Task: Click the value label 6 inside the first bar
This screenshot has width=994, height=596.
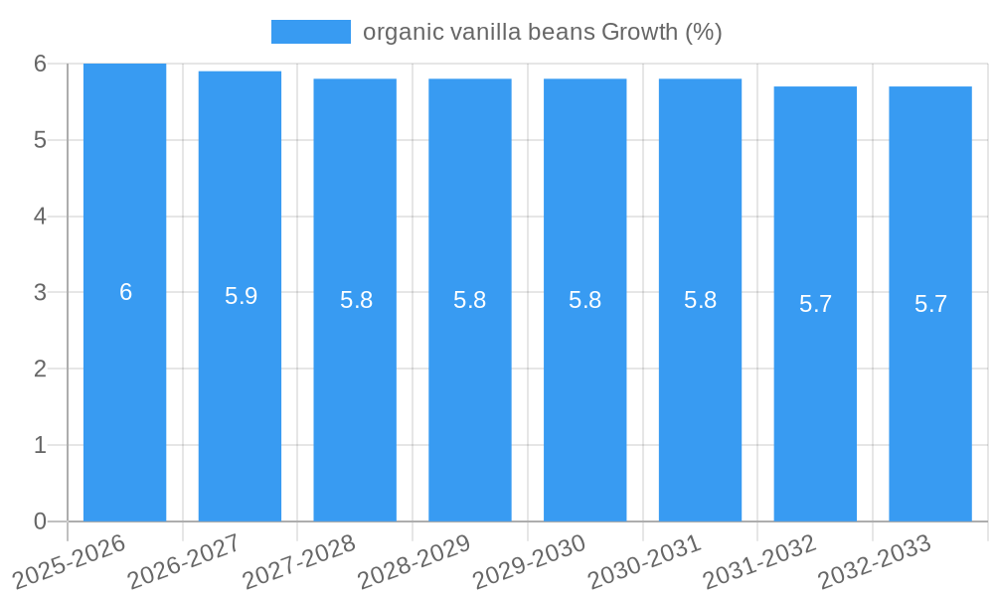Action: pyautogui.click(x=126, y=292)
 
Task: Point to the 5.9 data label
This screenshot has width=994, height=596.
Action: pyautogui.click(x=241, y=296)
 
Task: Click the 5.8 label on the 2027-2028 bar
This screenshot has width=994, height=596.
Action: pyautogui.click(x=356, y=300)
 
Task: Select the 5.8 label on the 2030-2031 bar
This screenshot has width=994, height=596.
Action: pyautogui.click(x=700, y=300)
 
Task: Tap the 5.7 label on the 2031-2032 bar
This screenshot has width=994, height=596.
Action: pyautogui.click(x=815, y=304)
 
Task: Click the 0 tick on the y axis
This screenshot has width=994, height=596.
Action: pyautogui.click(x=40, y=521)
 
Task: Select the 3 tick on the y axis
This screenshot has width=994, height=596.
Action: pyautogui.click(x=40, y=293)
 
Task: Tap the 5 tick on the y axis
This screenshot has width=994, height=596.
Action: pyautogui.click(x=40, y=140)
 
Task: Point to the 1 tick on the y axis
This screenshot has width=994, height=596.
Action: pyautogui.click(x=40, y=445)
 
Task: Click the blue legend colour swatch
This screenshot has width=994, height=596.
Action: pyautogui.click(x=310, y=32)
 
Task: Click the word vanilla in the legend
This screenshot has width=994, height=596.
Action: pyautogui.click(x=482, y=32)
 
